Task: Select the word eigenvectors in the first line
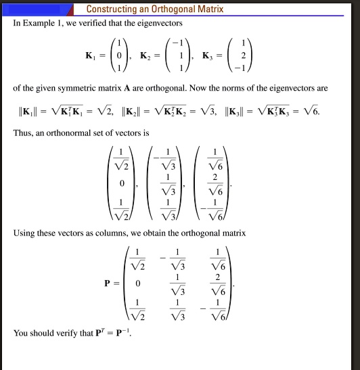160,23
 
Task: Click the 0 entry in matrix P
138,283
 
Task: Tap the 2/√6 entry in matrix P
216,283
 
